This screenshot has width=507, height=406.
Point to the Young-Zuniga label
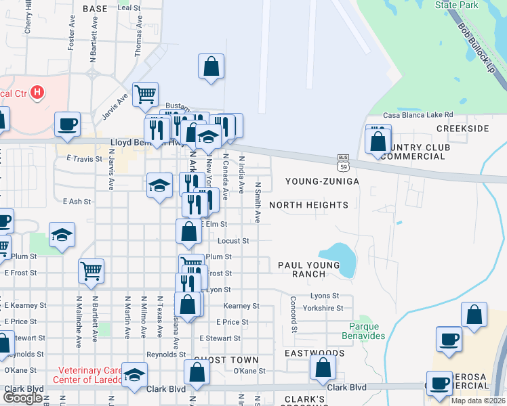[x=321, y=181]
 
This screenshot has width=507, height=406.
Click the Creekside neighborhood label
[x=463, y=129]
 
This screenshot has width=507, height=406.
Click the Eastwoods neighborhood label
[x=314, y=353]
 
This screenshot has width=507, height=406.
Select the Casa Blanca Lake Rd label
[x=418, y=115]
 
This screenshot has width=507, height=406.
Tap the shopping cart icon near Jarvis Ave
[x=146, y=96]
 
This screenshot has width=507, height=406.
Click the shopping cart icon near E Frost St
[x=91, y=272]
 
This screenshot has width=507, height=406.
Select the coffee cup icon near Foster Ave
[x=68, y=125]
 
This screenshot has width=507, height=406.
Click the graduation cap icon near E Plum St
[x=62, y=235]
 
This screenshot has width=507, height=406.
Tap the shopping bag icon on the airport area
[x=211, y=67]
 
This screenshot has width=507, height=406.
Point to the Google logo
[x=23, y=398]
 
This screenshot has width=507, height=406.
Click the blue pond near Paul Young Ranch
[x=340, y=260]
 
